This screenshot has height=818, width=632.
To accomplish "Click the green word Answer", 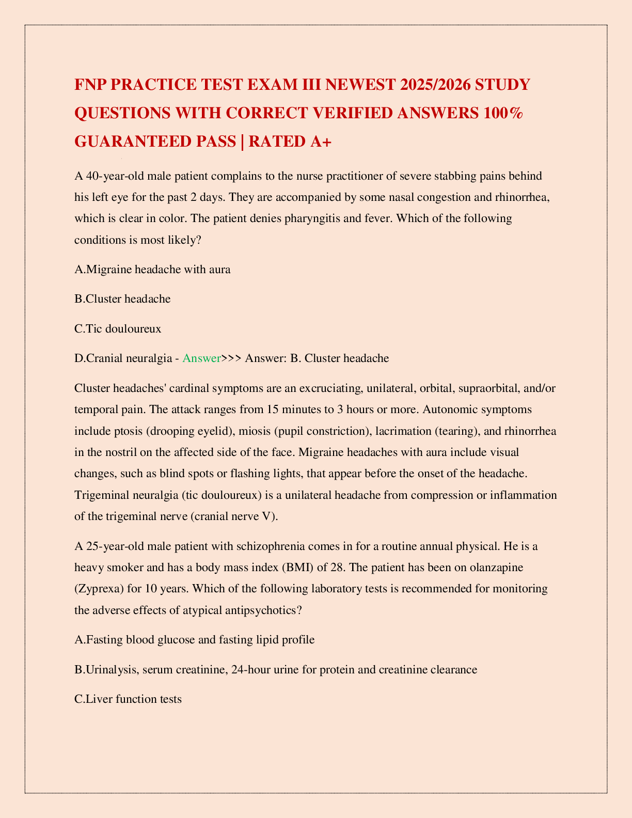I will (x=201, y=358).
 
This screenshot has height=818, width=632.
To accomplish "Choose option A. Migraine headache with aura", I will (x=152, y=269).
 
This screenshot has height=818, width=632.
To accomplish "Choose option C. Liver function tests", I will (x=128, y=699).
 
